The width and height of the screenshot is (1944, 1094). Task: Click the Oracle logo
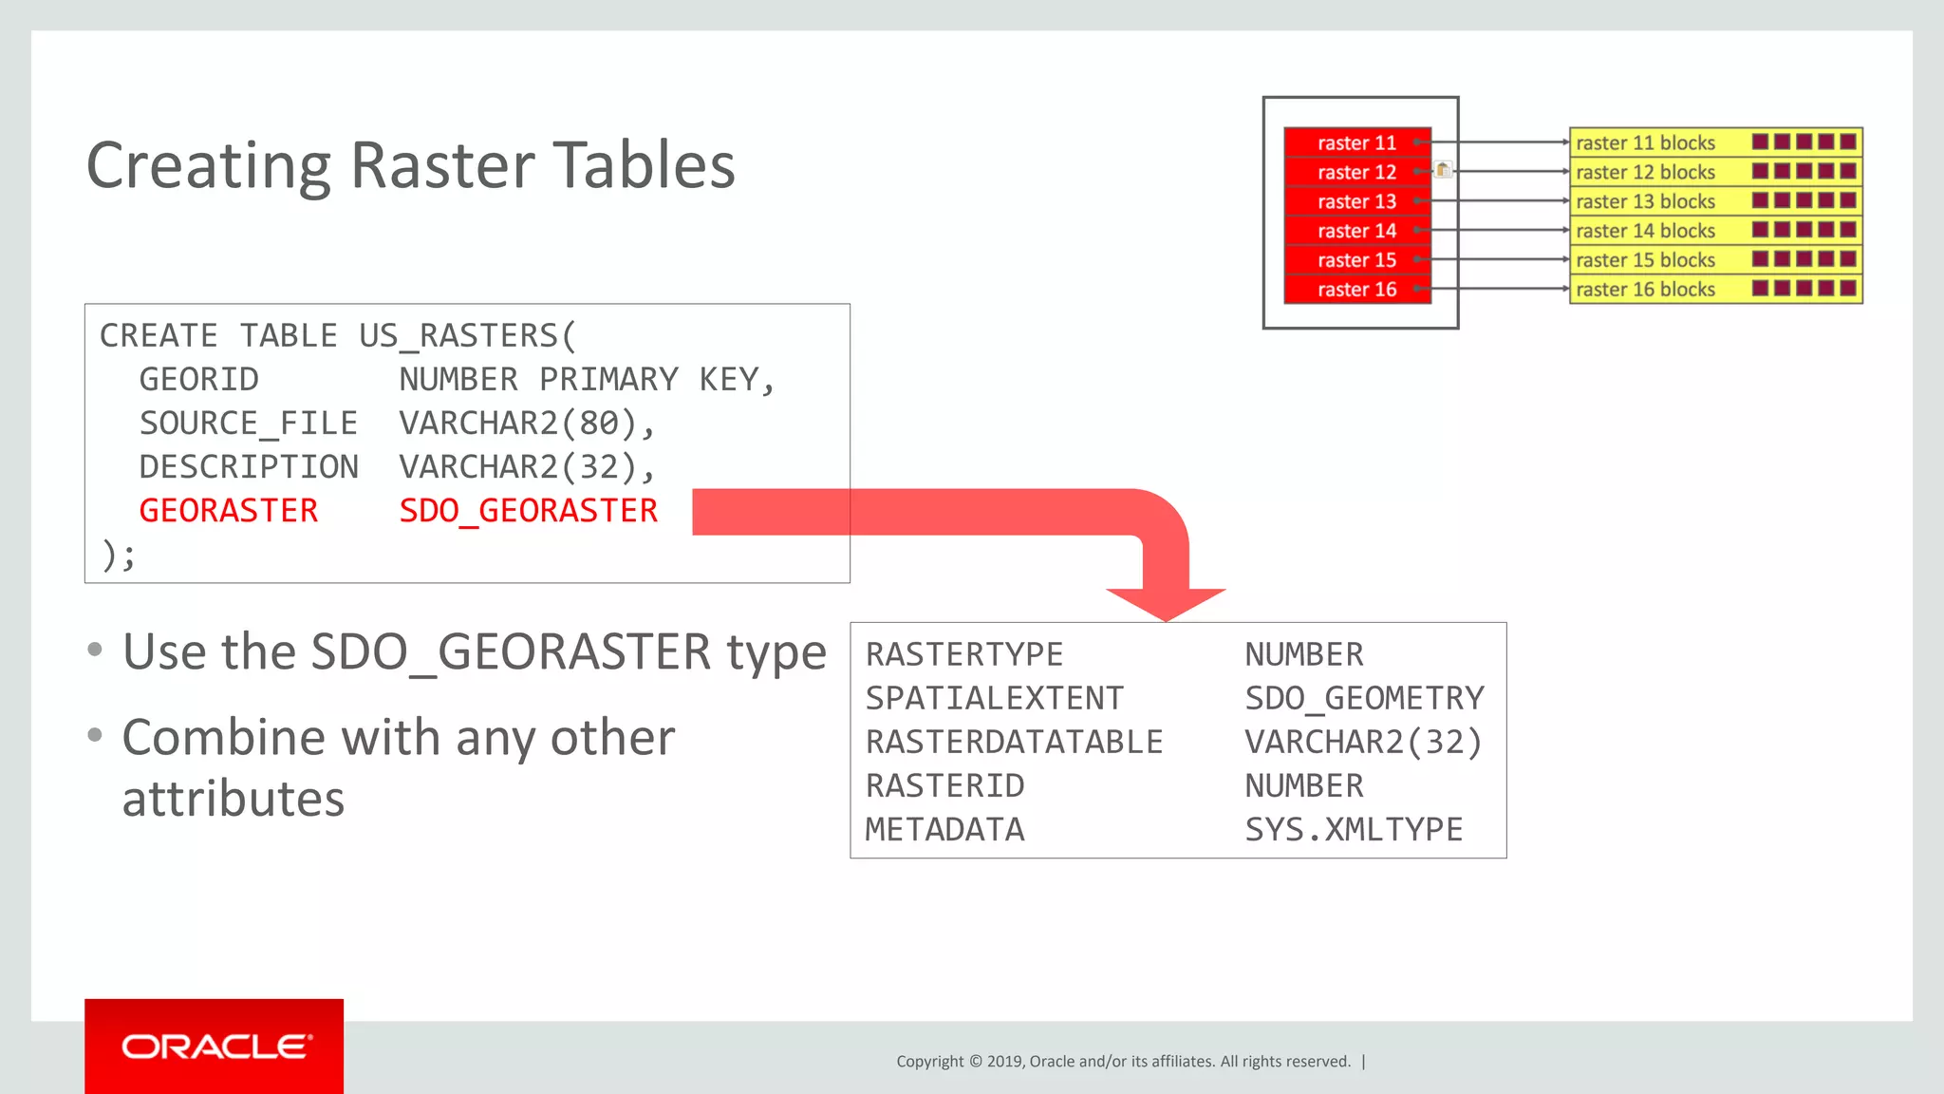[215, 1047]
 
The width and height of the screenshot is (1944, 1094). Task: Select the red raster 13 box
[1356, 201]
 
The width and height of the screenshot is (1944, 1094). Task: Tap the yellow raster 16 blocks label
[1645, 290]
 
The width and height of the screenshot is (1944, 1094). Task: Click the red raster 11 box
[1356, 142]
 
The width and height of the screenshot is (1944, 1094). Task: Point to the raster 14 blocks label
[1645, 231]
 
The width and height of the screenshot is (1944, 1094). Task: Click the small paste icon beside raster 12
[1443, 170]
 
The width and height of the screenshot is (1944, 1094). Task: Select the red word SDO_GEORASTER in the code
[528, 511]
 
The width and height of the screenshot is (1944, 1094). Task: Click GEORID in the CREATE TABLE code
[198, 380]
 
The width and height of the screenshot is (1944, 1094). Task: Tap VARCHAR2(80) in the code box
[518, 424]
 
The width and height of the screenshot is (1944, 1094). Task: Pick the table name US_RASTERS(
[467, 336]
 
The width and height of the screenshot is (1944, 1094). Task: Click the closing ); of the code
[119, 555]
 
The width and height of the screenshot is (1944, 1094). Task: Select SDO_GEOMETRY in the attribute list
[1364, 699]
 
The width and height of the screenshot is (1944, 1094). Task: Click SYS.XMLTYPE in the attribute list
[1354, 830]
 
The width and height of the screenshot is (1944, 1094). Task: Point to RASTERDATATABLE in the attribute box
[1014, 743]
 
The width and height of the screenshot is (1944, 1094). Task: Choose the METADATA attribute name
[944, 830]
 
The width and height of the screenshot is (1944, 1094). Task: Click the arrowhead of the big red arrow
[1166, 603]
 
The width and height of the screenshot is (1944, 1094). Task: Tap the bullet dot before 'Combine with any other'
[94, 734]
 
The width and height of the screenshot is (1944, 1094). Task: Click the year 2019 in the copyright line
[1005, 1062]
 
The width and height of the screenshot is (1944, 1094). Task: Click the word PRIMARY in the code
[608, 380]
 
